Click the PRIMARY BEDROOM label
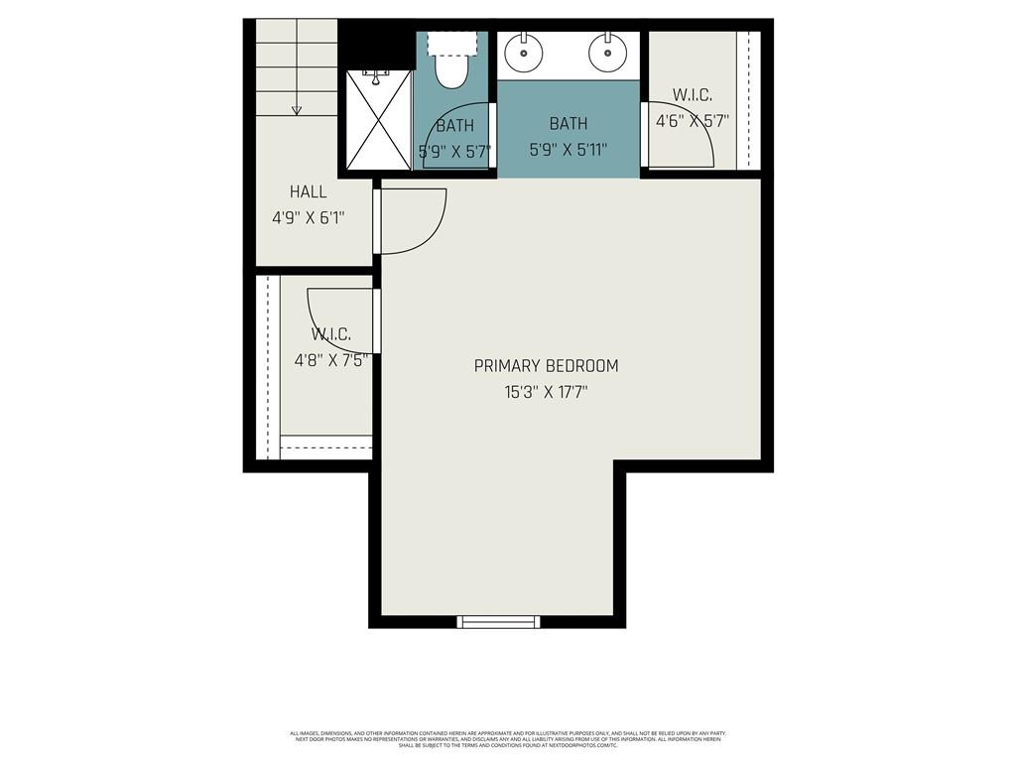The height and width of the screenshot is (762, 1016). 546,366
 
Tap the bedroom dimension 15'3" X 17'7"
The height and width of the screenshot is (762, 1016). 546,392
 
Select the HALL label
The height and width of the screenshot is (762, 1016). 308,191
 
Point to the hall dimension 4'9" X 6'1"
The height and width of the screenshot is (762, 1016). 308,217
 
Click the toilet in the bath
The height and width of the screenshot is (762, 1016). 452,68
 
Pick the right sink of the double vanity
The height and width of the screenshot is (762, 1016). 607,49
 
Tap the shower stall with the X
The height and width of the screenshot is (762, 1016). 378,119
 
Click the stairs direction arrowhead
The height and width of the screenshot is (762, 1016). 296,110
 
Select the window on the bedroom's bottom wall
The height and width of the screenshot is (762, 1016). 499,622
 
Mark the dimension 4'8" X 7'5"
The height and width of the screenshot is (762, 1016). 330,360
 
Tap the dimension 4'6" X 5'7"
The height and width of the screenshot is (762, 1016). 692,121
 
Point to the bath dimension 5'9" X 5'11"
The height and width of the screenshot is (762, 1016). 568,150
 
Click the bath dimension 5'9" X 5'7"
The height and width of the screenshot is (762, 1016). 454,152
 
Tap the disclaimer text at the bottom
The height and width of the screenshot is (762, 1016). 507,739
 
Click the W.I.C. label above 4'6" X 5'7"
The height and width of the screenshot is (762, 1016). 692,95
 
